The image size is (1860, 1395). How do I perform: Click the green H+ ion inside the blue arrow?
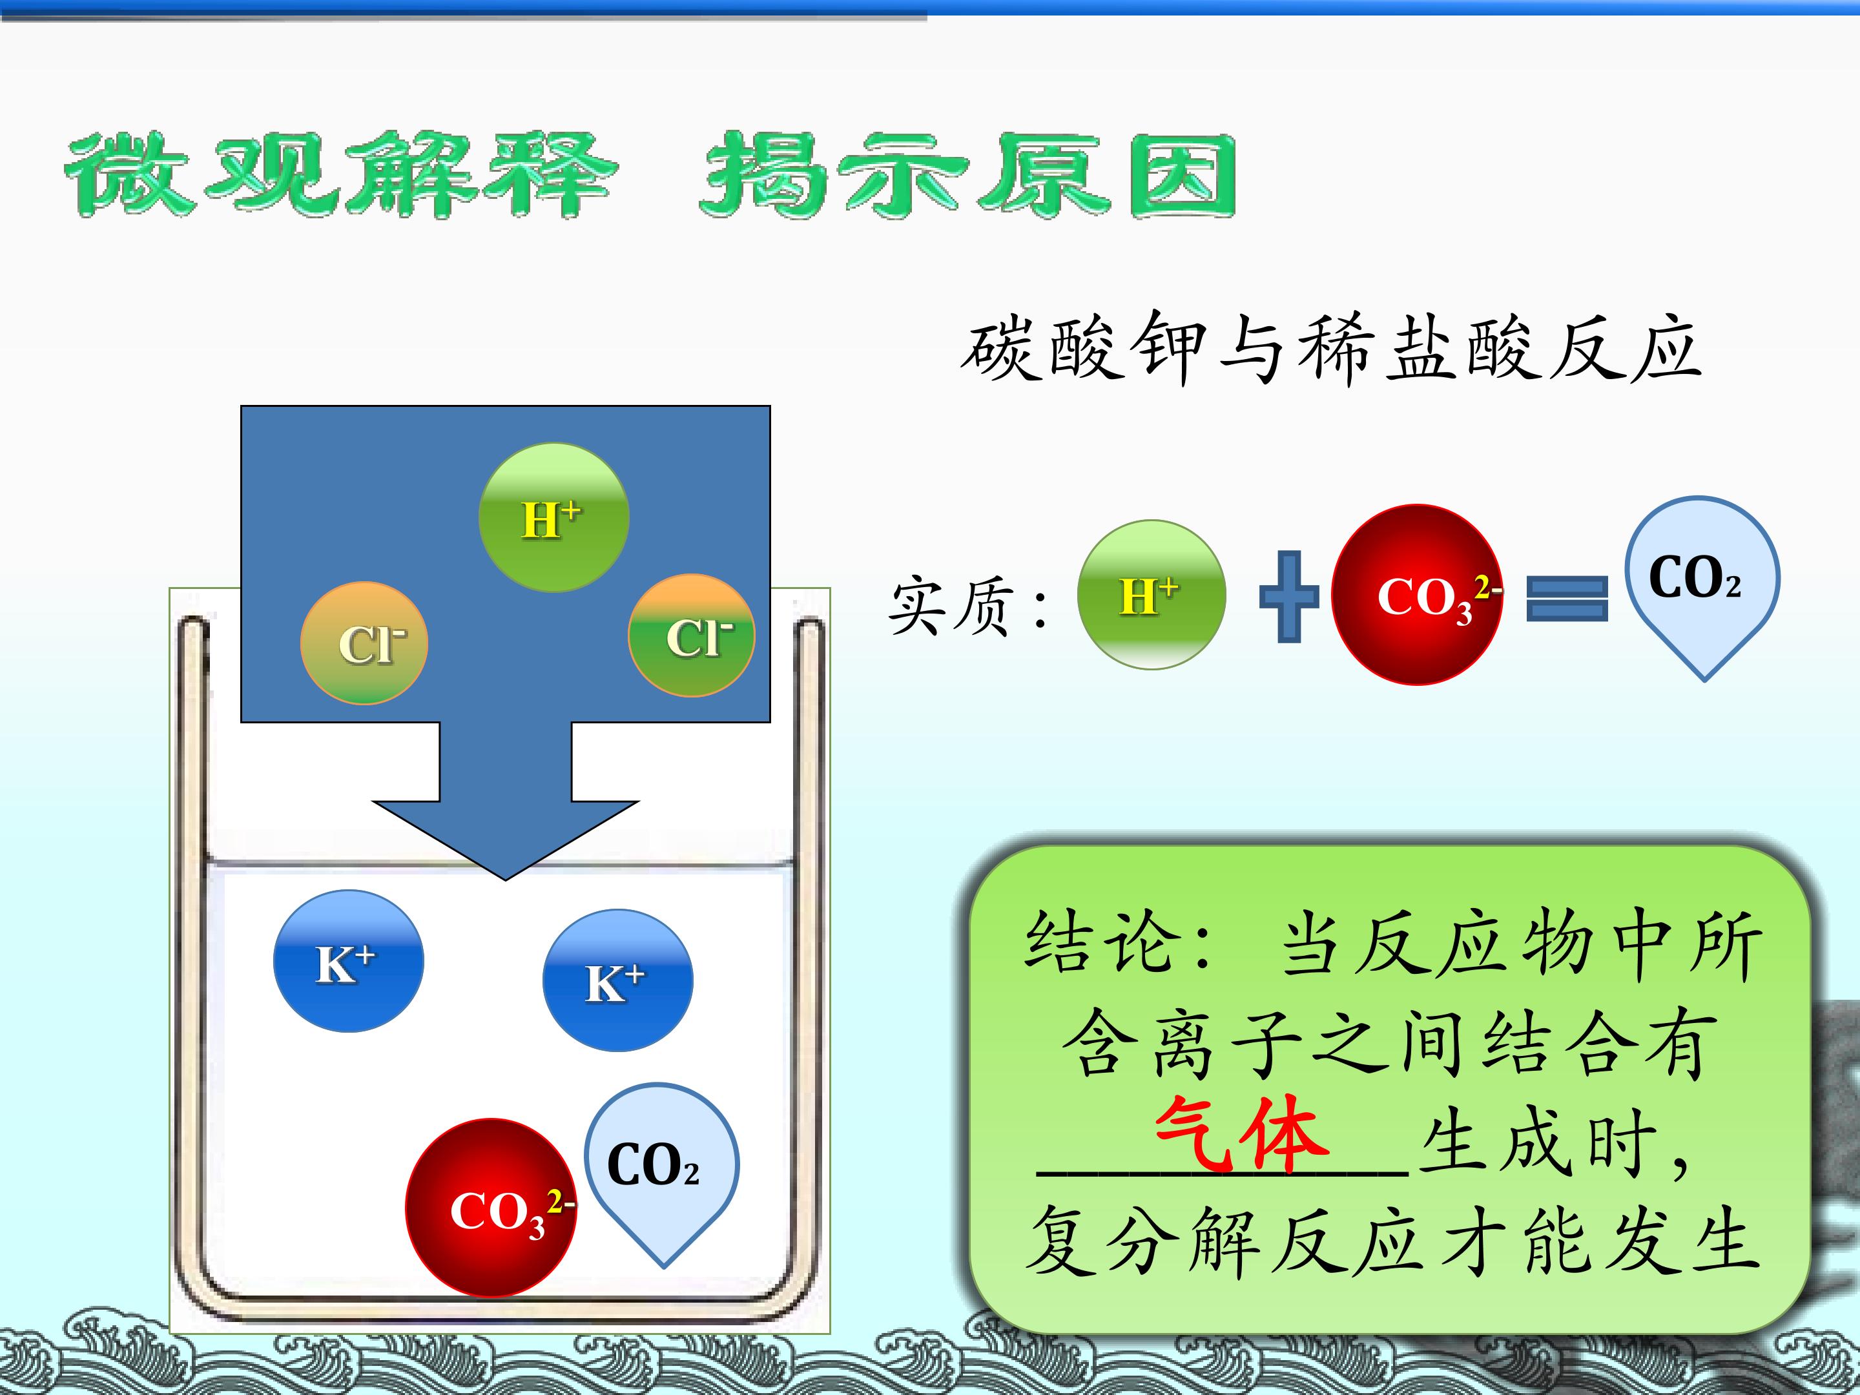pos(553,518)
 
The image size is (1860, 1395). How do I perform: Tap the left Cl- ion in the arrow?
pos(364,643)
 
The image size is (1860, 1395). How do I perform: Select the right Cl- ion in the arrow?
pos(691,635)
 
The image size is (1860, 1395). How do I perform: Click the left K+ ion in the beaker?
pos(348,961)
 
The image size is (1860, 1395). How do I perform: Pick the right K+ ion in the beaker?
pos(618,980)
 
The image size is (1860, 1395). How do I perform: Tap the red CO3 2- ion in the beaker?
pos(491,1208)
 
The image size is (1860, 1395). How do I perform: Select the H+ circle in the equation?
pos(1151,595)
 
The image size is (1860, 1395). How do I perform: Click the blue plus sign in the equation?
pos(1289,597)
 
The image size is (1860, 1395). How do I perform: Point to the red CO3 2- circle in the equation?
pos(1418,595)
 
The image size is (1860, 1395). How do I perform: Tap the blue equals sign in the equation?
pos(1567,598)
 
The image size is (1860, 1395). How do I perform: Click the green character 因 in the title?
pos(1183,176)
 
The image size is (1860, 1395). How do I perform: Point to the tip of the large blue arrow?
pos(505,880)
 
